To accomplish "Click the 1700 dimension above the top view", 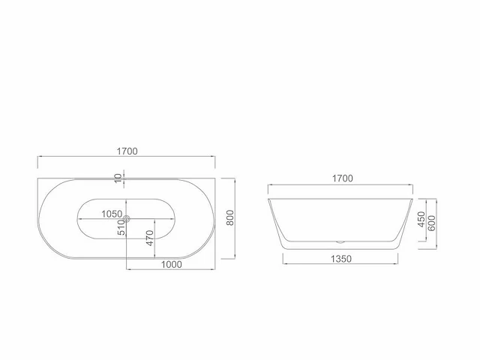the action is [127, 151].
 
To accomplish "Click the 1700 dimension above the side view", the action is [343, 178].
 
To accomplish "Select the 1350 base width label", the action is [341, 259].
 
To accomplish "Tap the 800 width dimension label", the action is [230, 217].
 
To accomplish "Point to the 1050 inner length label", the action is [112, 214].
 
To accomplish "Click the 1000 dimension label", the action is [172, 265].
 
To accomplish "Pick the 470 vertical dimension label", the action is [150, 238].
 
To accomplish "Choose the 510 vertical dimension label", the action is [121, 228].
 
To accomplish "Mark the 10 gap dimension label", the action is [118, 178].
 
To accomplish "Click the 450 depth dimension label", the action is [421, 219].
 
